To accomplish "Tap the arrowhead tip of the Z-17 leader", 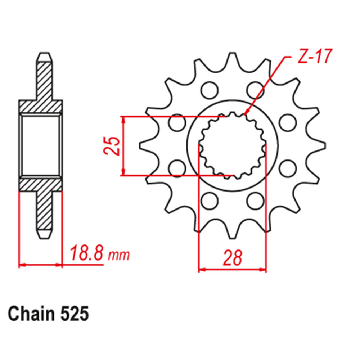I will [x=246, y=114].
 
